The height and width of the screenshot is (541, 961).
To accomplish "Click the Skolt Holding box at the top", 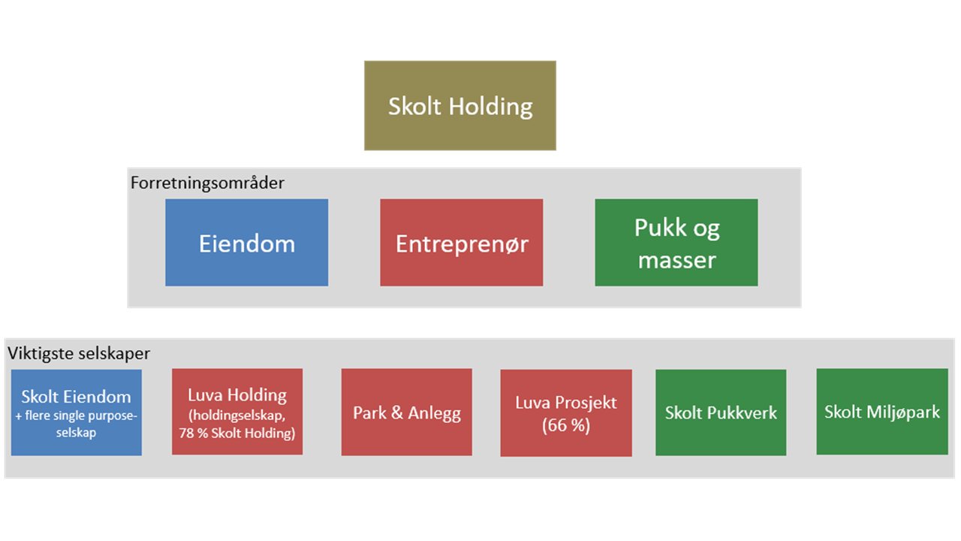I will pos(459,106).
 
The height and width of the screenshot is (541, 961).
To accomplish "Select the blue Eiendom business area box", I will pos(246,243).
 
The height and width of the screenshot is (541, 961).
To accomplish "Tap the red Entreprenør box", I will pos(461,243).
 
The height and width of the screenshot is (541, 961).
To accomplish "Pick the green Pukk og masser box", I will pos(676,243).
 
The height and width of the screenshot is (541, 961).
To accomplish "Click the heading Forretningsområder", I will pos(207,183).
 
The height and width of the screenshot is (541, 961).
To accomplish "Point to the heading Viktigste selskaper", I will pos(79,353).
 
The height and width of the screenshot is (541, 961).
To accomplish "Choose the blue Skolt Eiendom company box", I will pos(76,412).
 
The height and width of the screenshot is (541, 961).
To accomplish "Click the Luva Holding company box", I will pos(237,412).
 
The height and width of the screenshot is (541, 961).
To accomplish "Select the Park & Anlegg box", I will pos(406,413).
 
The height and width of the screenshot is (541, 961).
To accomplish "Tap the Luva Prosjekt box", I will pos(565,413).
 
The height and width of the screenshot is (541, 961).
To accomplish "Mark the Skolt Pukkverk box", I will pos(721,413).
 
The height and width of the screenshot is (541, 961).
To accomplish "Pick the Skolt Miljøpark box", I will pos(881,412).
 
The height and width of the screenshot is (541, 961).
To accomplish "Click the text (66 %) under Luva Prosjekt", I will pos(566,425).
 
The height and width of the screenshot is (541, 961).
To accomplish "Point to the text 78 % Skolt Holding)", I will pos(237,433).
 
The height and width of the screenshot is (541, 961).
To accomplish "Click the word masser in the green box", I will pos(676,260).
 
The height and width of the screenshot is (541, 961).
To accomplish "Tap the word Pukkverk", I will pos(740,413).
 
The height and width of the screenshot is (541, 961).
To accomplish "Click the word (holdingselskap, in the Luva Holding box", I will pos(237,416).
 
